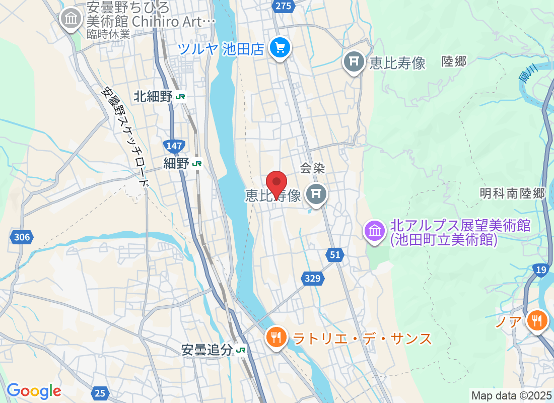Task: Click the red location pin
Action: [276, 182]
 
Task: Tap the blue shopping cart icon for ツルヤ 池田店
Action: [280, 48]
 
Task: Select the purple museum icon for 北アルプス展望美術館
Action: [375, 232]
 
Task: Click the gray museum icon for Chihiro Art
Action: [71, 19]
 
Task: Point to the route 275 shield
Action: [284, 6]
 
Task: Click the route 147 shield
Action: [174, 146]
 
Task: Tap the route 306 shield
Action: [22, 237]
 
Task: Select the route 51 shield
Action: [335, 255]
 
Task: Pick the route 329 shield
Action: [312, 277]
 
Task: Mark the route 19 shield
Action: [541, 271]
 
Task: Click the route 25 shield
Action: [101, 392]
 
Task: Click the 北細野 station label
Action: [153, 97]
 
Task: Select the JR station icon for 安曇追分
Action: [241, 350]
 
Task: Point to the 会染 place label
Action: [312, 168]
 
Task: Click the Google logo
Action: [34, 391]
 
